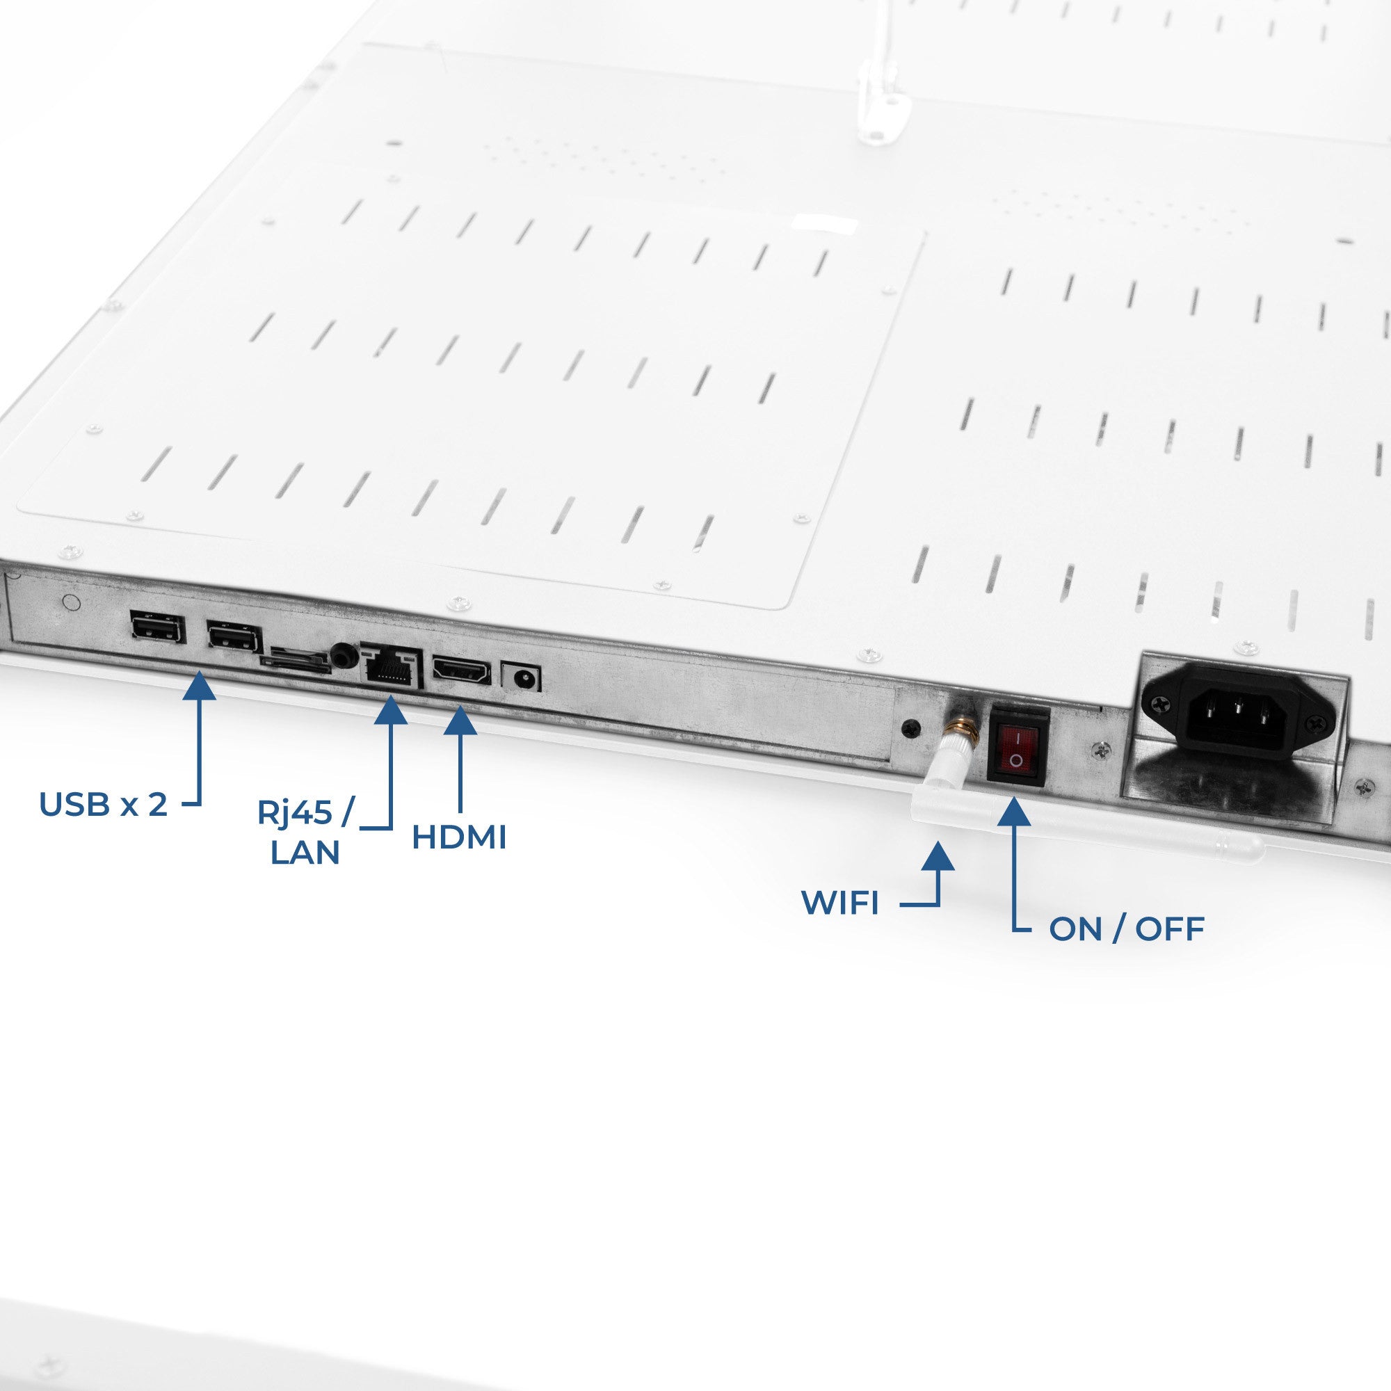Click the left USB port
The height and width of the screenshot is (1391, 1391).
[x=158, y=628]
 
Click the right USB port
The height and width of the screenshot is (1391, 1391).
[x=234, y=636]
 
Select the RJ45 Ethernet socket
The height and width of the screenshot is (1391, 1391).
[x=391, y=666]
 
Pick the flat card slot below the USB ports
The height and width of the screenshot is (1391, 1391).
[x=300, y=659]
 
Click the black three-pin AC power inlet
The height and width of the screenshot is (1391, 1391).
[x=1239, y=709]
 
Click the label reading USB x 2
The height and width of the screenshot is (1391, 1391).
[x=103, y=805]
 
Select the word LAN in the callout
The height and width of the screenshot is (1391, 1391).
[x=305, y=853]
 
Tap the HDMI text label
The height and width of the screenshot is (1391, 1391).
[x=459, y=837]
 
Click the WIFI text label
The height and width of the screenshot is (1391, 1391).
[x=841, y=903]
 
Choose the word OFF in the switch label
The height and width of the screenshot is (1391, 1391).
[x=1170, y=929]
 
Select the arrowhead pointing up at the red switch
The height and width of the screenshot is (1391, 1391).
[x=1014, y=811]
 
